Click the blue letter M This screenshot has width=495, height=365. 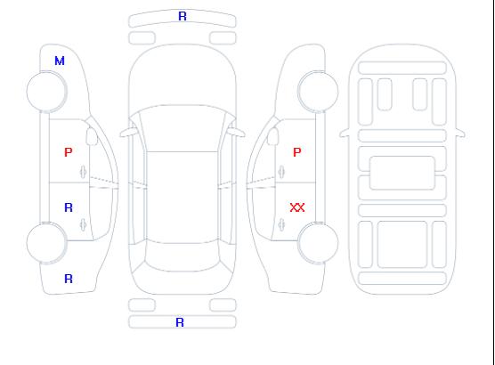(x=60, y=61)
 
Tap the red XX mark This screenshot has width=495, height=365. (x=297, y=207)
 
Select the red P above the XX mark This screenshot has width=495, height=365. (x=297, y=152)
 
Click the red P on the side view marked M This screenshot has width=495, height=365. (x=69, y=152)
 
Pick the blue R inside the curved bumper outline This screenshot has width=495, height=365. (x=183, y=16)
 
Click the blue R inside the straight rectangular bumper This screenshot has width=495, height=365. (x=180, y=322)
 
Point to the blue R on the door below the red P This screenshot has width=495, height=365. (x=69, y=207)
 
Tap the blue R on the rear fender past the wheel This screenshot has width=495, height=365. (x=69, y=279)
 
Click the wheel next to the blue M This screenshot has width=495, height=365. (x=46, y=92)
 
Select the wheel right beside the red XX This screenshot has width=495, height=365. (x=318, y=242)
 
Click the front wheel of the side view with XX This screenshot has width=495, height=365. (x=318, y=92)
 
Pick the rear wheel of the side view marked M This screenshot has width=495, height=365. (x=46, y=242)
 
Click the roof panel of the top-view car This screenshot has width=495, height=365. (x=183, y=198)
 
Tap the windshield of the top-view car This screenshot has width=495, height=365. (x=183, y=128)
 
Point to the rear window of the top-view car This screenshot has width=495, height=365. (x=183, y=255)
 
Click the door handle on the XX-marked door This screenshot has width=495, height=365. (x=281, y=224)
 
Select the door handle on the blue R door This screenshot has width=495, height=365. (x=84, y=224)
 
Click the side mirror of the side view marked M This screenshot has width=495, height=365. (x=92, y=136)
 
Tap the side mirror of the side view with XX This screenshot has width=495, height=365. (x=273, y=136)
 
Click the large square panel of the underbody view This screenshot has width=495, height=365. (x=402, y=245)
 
